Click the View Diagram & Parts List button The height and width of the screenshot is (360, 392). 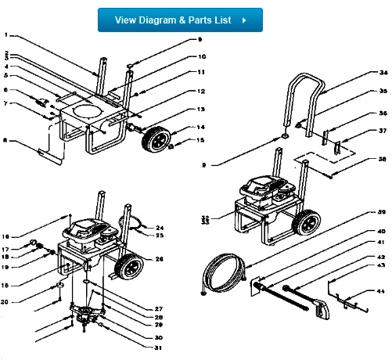tap(180, 20)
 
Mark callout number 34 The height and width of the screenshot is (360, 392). tap(361, 73)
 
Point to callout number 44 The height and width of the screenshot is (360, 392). tap(361, 291)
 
